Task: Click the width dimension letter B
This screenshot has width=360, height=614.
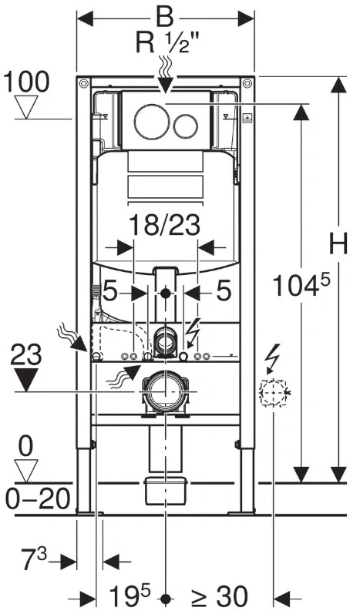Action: (x=165, y=17)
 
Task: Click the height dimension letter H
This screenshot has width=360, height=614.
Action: (x=338, y=244)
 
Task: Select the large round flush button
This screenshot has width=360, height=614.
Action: (x=152, y=122)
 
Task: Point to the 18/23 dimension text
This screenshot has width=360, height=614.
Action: (x=164, y=225)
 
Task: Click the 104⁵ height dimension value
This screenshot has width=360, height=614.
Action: (x=301, y=285)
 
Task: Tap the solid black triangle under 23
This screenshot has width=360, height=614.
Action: (x=26, y=380)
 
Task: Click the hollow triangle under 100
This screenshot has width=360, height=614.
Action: (x=26, y=107)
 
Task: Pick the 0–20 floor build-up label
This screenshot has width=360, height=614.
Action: (x=38, y=498)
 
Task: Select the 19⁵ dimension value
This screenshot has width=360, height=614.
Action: (x=130, y=596)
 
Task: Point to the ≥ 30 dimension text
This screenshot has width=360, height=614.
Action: (x=220, y=597)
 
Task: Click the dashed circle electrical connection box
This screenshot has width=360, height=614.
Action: (x=273, y=392)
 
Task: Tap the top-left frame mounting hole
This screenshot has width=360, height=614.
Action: (x=83, y=83)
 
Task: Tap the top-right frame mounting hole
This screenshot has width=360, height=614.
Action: (x=247, y=83)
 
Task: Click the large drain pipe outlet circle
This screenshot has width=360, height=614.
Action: (x=166, y=391)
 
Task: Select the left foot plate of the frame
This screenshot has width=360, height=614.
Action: (x=89, y=512)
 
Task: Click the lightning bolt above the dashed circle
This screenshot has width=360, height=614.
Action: (x=273, y=358)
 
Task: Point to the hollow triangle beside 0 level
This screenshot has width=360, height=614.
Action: (x=26, y=471)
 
